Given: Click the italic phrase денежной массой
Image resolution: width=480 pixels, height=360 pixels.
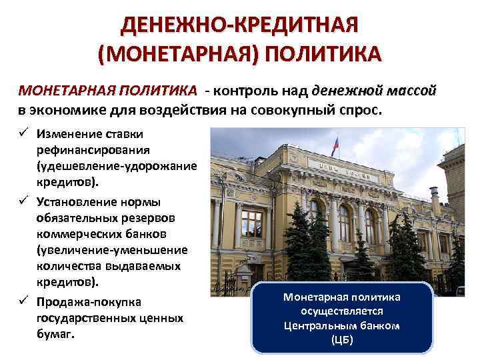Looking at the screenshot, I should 373,89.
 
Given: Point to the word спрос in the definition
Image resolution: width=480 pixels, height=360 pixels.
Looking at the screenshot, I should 363,109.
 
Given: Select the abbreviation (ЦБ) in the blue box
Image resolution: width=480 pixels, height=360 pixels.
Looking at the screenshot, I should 342,339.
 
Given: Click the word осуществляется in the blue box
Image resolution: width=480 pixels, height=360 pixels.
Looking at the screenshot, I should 342,311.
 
